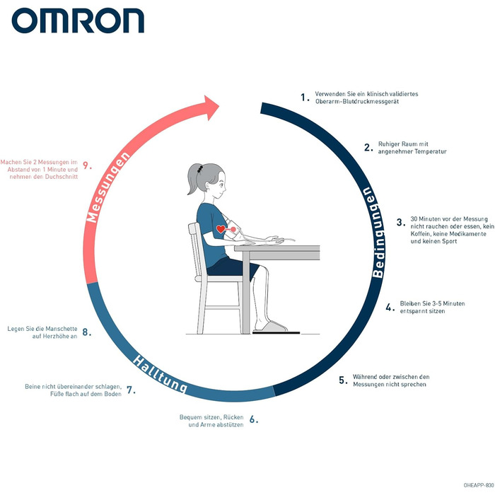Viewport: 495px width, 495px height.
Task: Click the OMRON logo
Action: point(78,21)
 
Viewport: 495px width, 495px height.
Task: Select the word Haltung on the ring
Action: point(160,373)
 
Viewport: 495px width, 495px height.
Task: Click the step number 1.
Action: point(305,98)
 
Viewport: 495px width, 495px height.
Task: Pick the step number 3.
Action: point(401,222)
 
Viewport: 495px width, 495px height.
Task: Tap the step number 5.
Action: point(343,380)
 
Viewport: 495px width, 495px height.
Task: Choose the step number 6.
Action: point(253,419)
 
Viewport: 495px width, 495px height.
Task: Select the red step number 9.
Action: point(87,165)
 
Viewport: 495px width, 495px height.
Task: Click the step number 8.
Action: point(86,331)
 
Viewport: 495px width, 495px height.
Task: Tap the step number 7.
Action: point(131,390)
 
